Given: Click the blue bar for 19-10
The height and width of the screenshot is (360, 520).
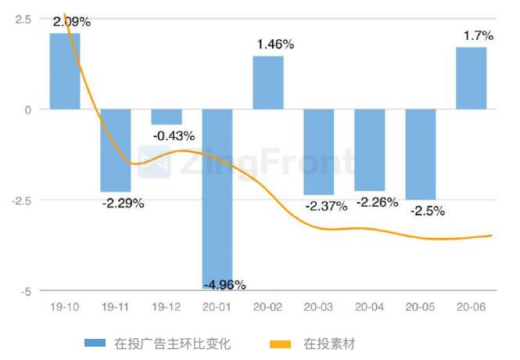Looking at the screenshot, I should tap(64, 71).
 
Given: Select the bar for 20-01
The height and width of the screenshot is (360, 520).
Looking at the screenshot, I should tap(217, 200).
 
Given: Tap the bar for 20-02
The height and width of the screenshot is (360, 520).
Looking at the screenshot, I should tap(267, 83).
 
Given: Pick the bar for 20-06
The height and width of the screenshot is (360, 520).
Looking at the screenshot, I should tap(472, 78).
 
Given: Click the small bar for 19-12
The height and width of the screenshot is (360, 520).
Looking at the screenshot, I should tap(166, 117).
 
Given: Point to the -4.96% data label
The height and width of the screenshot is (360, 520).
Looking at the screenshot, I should tap(224, 283).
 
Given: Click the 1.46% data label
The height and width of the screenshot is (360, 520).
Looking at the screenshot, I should tap(275, 45).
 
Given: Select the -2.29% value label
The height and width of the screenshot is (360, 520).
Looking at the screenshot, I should tap(123, 203).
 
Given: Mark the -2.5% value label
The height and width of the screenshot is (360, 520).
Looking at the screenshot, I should tap(428, 211).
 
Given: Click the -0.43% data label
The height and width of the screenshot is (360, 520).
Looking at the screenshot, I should tap(174, 135).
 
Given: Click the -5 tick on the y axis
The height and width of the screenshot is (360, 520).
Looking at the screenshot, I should tap(26, 291).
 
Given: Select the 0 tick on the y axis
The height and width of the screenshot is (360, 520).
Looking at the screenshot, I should tap(27, 110).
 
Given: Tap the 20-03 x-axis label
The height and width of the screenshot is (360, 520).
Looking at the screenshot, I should tap(318, 308).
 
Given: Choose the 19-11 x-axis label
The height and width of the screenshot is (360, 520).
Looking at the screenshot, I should tap(115, 308).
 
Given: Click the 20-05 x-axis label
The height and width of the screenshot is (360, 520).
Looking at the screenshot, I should tap(420, 308).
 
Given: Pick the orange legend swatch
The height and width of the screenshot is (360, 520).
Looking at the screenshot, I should tap(280, 344).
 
